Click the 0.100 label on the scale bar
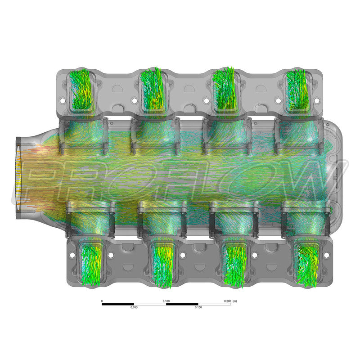tap(166, 301)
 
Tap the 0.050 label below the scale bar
tap(134, 307)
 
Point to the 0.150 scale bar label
tap(198, 307)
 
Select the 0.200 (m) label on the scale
tap(230, 301)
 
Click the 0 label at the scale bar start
tap(102, 301)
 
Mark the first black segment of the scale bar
tap(118, 304)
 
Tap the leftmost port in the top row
tap(81, 90)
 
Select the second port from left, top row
tap(153, 90)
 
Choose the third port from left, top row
tap(225, 90)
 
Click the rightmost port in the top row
tap(297, 90)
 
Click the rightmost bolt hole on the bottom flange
tap(326, 255)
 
